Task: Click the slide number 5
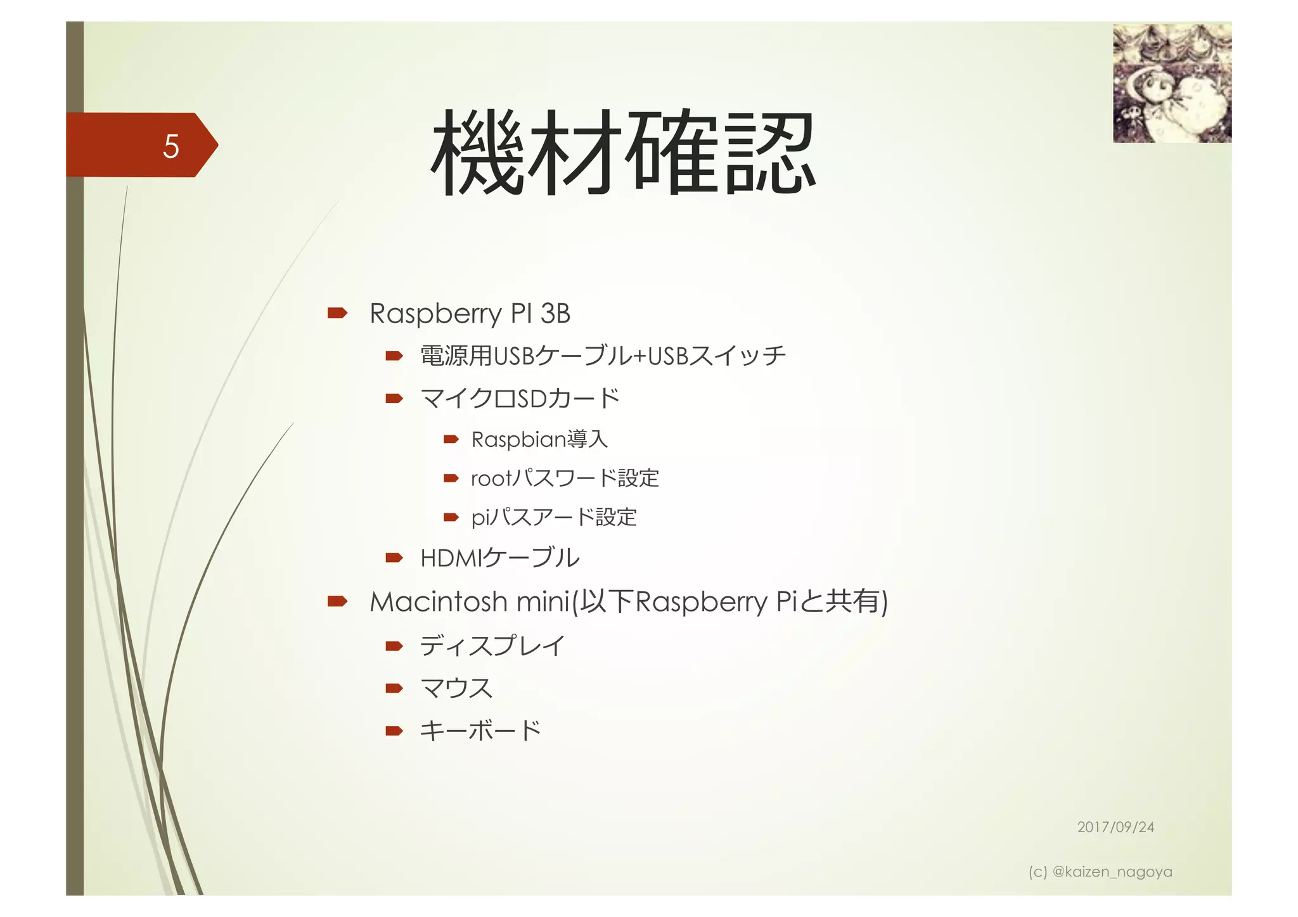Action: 170,146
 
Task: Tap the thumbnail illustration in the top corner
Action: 1172,83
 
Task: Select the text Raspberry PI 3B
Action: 470,314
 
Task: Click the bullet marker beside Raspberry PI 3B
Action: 337,313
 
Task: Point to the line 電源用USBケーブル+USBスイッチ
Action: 603,356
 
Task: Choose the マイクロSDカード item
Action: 520,398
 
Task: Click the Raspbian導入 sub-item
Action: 539,439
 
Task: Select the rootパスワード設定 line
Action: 565,478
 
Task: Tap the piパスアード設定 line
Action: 553,517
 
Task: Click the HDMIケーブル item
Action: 499,558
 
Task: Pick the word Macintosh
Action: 438,601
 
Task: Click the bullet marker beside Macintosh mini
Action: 337,601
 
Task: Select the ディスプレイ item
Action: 492,646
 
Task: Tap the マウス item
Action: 456,688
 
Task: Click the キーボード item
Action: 480,731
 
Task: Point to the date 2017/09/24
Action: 1115,827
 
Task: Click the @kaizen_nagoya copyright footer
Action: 1100,872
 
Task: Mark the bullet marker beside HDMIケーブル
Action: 394,558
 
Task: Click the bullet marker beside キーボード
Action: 394,731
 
